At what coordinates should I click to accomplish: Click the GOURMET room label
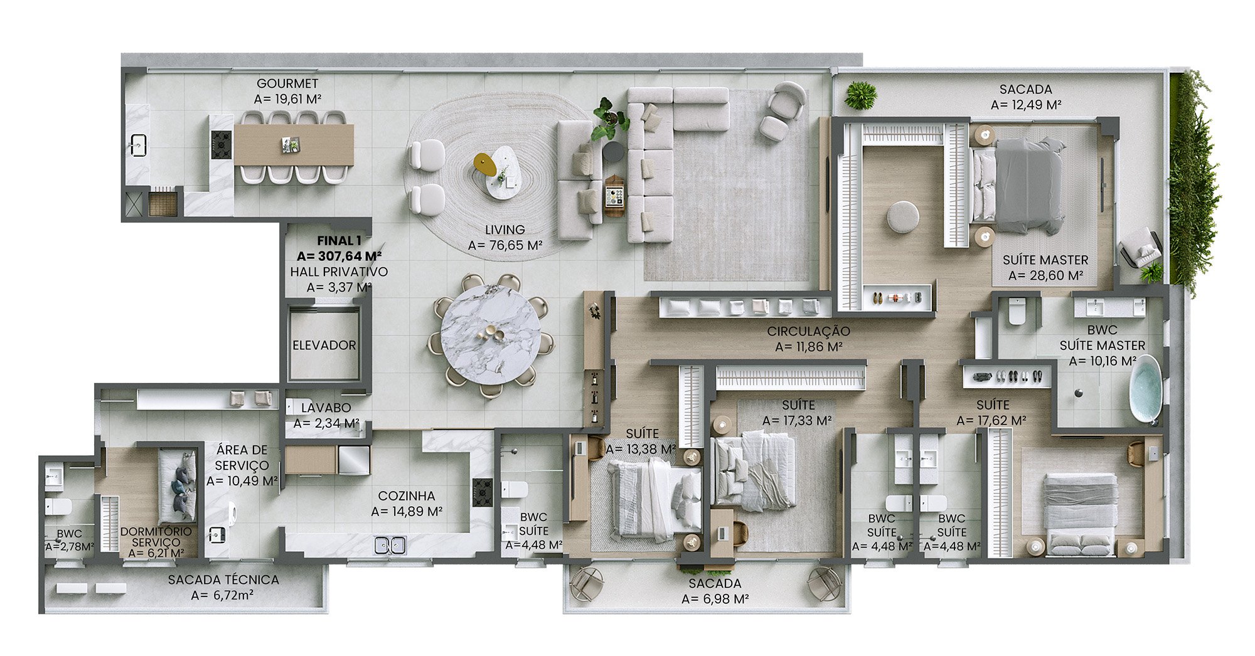[x=287, y=83]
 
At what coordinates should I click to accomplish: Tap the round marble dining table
[x=491, y=335]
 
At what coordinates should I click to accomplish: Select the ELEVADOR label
[x=324, y=346]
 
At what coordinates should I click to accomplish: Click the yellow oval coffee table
[x=485, y=164]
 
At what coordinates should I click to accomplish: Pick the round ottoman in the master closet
[x=903, y=218]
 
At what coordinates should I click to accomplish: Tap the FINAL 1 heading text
[x=339, y=241]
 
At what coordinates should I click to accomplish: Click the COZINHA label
[x=407, y=496]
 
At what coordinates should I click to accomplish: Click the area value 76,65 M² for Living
[x=505, y=246]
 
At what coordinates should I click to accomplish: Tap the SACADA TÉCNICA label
[x=223, y=580]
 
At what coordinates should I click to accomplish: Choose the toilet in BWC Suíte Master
[x=1017, y=312]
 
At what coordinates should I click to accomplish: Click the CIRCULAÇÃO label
[x=808, y=331]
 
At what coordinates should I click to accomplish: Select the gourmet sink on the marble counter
[x=137, y=146]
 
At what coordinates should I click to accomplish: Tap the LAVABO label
[x=326, y=408]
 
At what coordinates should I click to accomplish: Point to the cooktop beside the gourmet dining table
[x=221, y=145]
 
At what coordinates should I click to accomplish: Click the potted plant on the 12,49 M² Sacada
[x=860, y=96]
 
